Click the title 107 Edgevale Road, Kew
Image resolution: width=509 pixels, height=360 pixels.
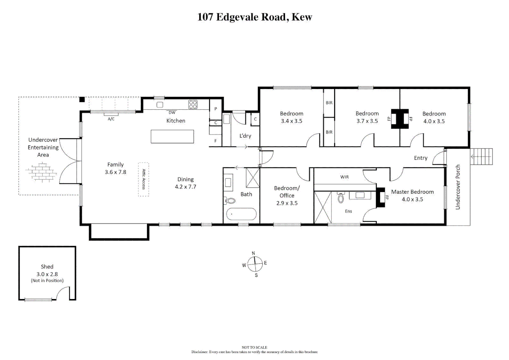254,17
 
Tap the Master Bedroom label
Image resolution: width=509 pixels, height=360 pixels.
412,192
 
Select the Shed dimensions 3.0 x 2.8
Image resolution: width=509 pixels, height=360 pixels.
47,274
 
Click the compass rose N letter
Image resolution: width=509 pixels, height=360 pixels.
253,253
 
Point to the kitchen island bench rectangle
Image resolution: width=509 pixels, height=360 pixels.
172,137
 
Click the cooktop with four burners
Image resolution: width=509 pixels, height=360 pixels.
193,105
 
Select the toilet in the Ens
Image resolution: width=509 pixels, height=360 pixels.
341,198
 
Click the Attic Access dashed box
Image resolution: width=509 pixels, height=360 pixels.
144,179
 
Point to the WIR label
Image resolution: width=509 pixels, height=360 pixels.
344,177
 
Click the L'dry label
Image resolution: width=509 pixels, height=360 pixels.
245,136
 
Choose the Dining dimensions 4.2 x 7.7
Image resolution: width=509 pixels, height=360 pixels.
185,187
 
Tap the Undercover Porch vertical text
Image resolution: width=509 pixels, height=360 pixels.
458,187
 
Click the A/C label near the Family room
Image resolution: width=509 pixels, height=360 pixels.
111,119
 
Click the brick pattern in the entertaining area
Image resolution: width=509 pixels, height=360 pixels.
42,172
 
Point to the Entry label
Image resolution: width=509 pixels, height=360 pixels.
420,158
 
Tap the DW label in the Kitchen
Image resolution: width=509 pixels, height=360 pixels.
172,113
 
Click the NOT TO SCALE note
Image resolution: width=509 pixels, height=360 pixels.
254,347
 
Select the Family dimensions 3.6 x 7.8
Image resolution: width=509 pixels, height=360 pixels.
115,172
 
